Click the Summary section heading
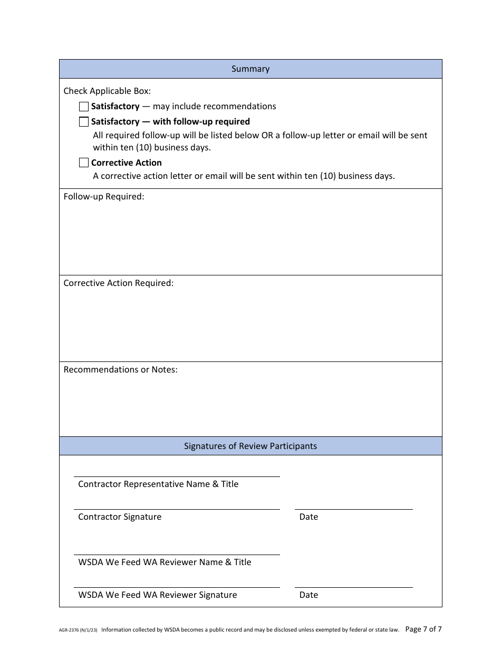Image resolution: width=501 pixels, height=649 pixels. tap(250, 69)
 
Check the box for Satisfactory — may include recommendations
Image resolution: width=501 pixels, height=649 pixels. tap(84, 107)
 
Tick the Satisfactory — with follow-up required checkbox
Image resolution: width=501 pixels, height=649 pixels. tap(84, 122)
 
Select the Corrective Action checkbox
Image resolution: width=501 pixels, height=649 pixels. tap(84, 163)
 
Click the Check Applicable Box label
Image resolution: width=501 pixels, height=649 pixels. tap(107, 91)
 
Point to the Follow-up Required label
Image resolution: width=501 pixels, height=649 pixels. tap(104, 196)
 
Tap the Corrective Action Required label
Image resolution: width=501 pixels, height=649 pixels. tap(118, 283)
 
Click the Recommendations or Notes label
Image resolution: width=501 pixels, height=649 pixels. tap(120, 369)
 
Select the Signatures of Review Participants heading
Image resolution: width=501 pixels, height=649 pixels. tap(250, 446)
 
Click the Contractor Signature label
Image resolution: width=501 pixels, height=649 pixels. tap(120, 517)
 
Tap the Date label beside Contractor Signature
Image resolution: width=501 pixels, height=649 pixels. tap(309, 517)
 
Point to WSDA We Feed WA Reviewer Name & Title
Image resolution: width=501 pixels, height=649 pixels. tap(165, 562)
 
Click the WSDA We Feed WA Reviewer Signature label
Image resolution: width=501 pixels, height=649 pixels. tap(157, 595)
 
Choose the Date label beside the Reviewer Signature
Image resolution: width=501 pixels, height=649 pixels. tap(309, 595)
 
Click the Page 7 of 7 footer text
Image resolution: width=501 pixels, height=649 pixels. tap(423, 629)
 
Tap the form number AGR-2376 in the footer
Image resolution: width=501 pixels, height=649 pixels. tap(70, 629)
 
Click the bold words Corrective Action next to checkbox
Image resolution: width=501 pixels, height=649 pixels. tap(126, 163)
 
